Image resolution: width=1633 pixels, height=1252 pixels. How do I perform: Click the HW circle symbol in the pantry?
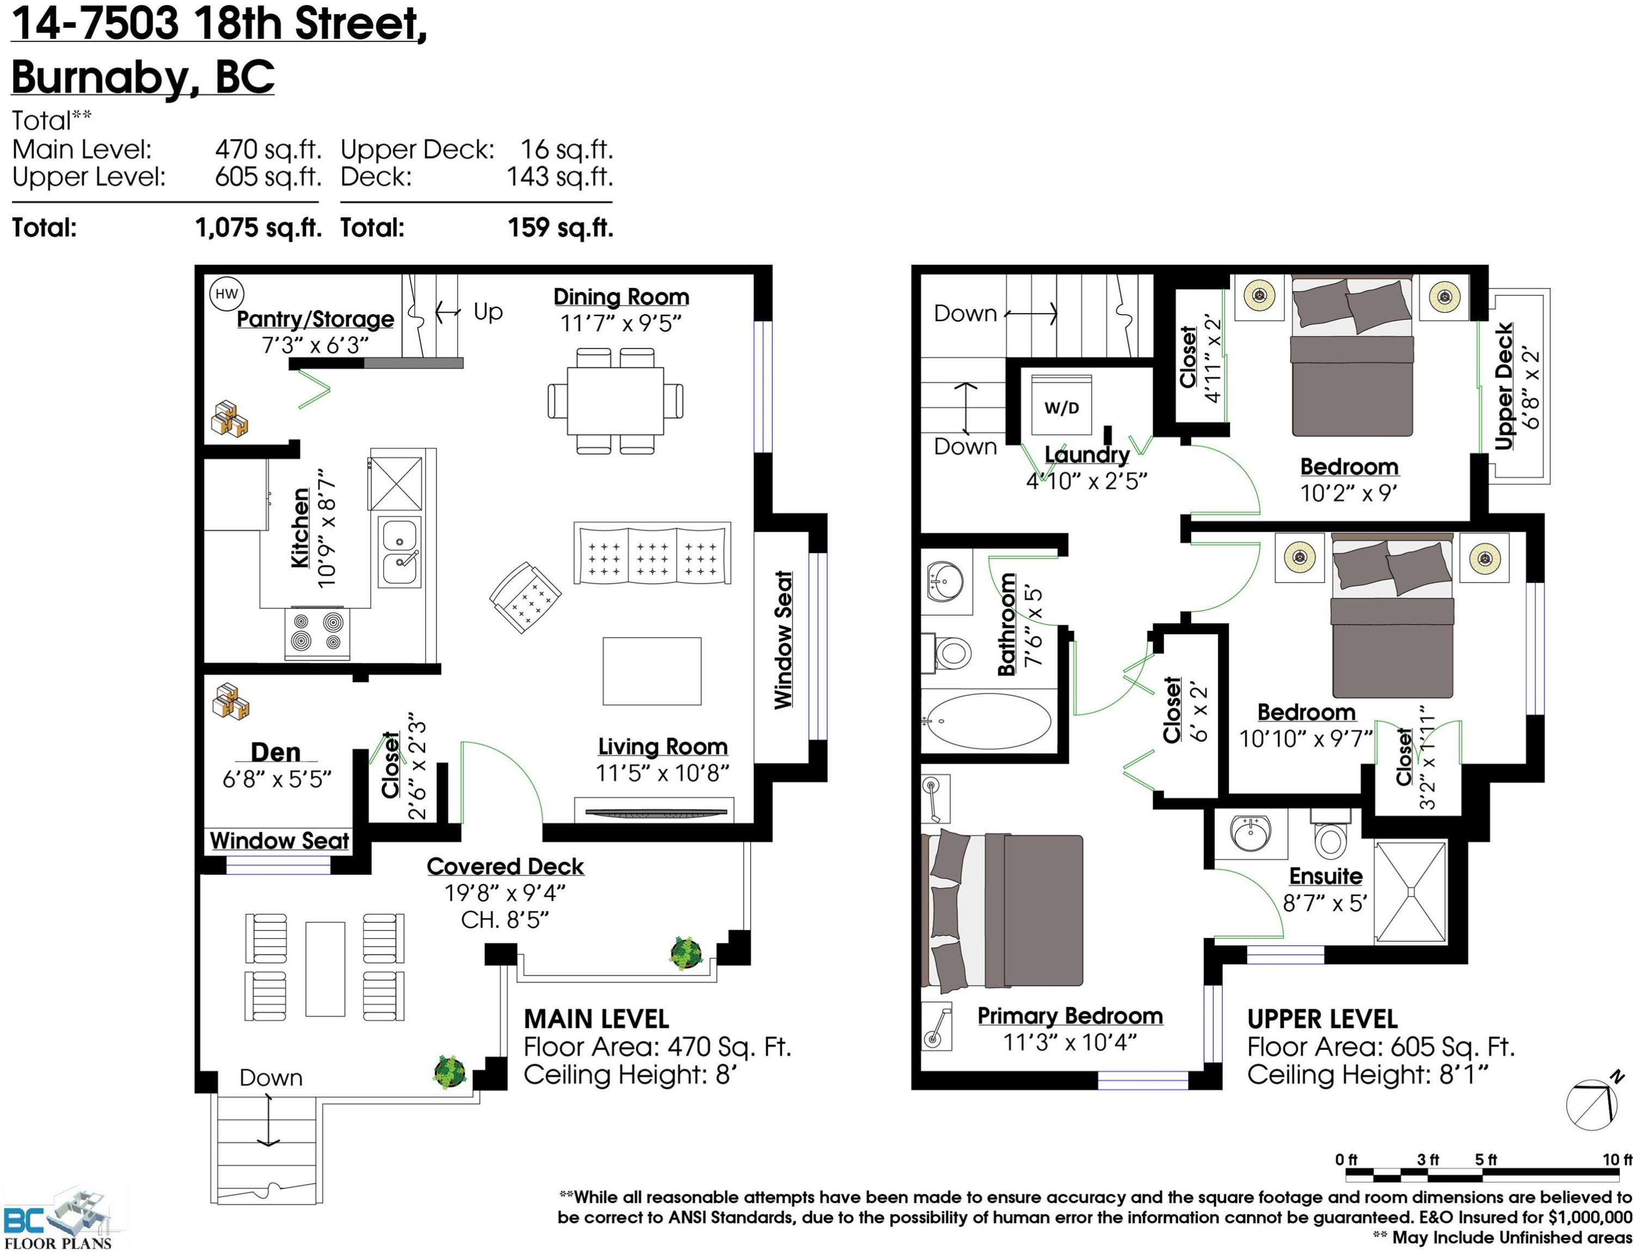226,293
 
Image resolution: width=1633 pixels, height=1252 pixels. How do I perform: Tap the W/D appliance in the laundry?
1061,406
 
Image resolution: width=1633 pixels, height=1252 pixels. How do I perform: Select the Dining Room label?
621,297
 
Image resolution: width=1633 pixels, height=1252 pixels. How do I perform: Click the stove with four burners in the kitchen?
317,633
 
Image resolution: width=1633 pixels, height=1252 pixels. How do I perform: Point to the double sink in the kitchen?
401,552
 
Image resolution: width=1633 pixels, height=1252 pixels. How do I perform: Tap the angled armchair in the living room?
525,598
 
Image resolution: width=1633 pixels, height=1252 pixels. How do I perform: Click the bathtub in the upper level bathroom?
989,721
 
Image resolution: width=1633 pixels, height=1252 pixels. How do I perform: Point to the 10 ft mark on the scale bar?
1617,1159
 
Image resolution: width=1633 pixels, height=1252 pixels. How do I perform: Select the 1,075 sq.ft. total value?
258,228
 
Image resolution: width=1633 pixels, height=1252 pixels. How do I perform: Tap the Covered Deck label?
505,866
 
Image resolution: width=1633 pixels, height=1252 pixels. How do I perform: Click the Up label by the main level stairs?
488,312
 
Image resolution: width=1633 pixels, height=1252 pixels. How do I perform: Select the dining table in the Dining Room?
616,401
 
